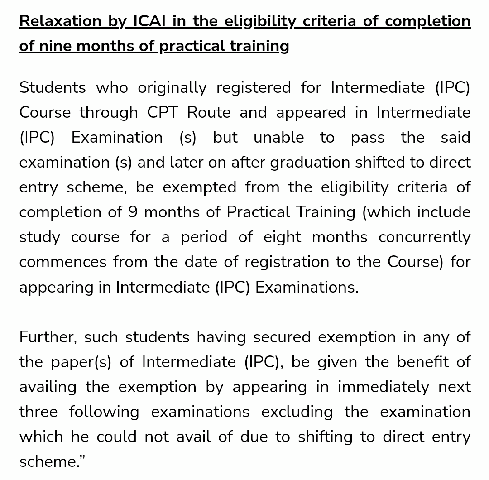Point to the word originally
point(172,87)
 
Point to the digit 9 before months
point(133,212)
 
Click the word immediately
point(383,387)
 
